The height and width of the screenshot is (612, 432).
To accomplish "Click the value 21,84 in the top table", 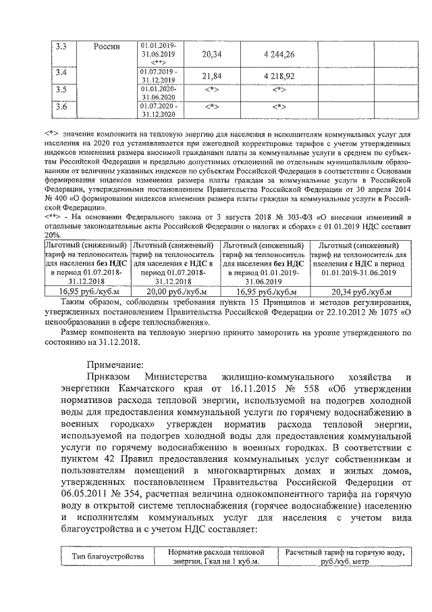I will coord(211,76).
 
